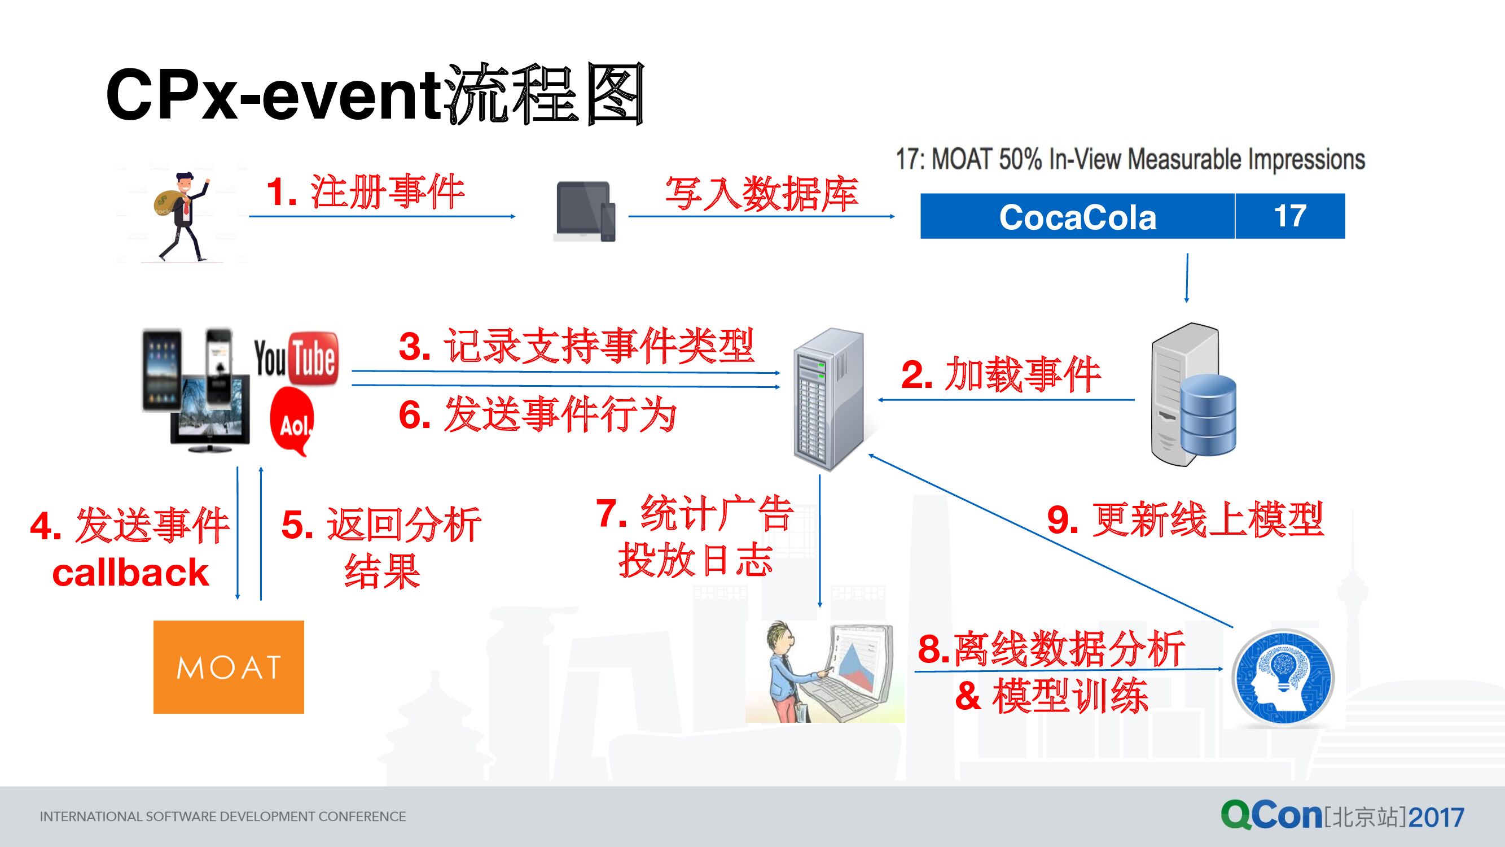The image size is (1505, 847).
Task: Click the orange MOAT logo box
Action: click(229, 666)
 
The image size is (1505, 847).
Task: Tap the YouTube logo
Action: click(296, 359)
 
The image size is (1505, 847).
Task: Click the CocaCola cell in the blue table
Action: click(1077, 217)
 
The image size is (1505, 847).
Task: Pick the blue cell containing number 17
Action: click(1290, 216)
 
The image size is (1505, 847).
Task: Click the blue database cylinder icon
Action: click(1208, 415)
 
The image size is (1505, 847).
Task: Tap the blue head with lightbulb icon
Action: click(1283, 678)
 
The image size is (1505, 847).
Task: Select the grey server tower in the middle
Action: click(828, 399)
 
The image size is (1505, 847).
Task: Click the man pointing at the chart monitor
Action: click(824, 672)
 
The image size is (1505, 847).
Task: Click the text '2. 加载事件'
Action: click(1001, 375)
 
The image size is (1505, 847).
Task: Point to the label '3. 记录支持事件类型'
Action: click(576, 347)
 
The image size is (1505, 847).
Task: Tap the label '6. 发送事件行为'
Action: click(537, 414)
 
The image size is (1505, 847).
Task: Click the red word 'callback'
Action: click(130, 573)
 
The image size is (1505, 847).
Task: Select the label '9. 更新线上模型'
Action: click(1186, 519)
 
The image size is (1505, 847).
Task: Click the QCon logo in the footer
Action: click(1342, 815)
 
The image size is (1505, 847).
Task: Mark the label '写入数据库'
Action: click(761, 194)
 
